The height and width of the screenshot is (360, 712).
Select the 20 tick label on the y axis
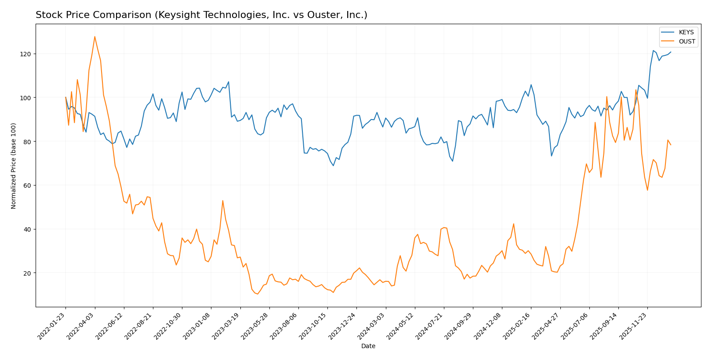28,273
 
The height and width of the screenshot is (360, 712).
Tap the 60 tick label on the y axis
28,185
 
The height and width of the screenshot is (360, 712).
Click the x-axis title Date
368,346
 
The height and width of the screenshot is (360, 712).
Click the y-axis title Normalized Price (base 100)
14,166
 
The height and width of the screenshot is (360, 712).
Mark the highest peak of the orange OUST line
94,36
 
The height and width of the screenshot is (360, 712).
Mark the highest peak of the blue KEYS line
653,51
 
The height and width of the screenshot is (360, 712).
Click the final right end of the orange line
671,145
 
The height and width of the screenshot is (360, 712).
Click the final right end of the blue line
671,52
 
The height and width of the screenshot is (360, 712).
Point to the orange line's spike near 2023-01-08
223,200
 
